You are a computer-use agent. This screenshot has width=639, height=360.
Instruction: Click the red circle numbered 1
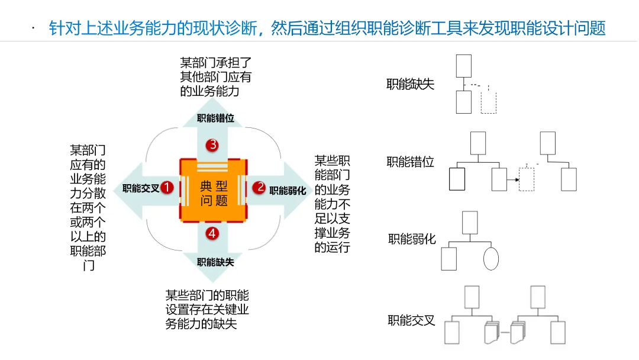click(167, 188)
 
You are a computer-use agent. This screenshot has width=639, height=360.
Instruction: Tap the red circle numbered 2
click(259, 188)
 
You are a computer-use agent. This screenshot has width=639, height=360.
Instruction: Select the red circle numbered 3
click(212, 145)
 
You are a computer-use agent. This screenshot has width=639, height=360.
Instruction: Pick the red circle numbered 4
click(212, 233)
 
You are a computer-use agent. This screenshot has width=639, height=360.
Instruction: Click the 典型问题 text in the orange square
click(214, 193)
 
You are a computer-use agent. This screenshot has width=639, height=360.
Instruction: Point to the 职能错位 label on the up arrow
click(215, 118)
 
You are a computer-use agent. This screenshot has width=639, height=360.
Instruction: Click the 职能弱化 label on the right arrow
click(288, 191)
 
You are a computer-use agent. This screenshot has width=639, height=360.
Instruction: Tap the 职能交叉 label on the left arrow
click(141, 189)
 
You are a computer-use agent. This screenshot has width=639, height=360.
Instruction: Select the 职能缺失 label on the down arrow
click(215, 262)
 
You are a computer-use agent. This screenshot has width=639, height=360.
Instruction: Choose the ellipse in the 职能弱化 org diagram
click(491, 259)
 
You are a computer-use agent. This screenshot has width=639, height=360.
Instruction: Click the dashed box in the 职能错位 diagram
click(526, 179)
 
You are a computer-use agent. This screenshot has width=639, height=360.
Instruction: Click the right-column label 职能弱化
click(412, 239)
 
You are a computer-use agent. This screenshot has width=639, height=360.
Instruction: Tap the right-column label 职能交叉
click(412, 320)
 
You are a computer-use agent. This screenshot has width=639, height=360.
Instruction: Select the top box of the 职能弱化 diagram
click(470, 223)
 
